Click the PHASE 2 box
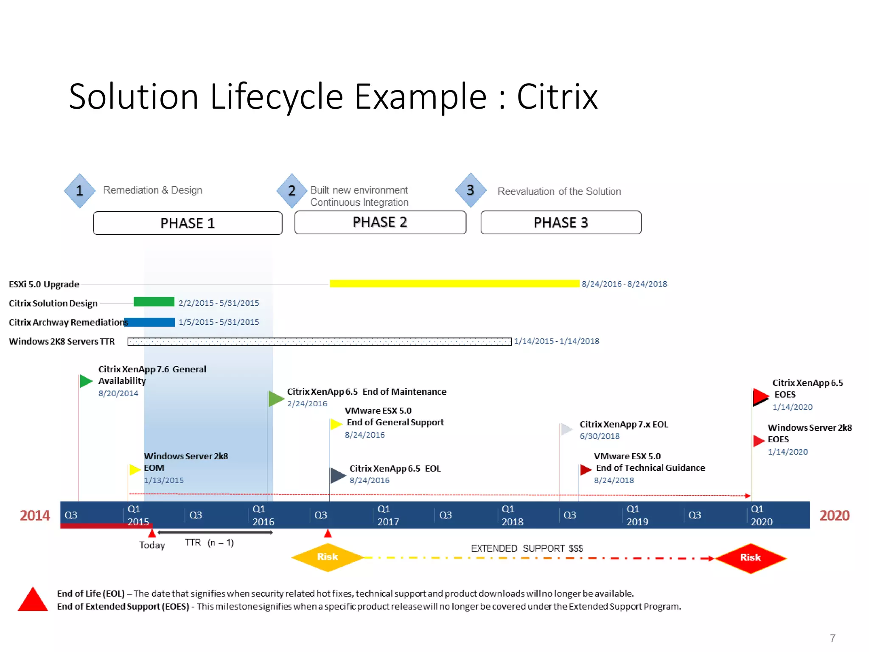380,222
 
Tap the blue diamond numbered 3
471,190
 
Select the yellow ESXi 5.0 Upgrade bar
454,284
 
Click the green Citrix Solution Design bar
154,302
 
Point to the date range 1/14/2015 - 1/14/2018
556,341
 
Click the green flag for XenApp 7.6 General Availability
86,381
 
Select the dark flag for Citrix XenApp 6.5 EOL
338,475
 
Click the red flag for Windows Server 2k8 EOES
759,441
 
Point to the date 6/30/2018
600,436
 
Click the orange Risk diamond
327,557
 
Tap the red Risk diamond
750,558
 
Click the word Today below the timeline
152,545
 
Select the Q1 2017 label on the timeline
388,515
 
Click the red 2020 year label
834,515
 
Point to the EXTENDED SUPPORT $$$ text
527,548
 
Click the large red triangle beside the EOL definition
33,600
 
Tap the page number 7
833,638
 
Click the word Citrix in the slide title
557,97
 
